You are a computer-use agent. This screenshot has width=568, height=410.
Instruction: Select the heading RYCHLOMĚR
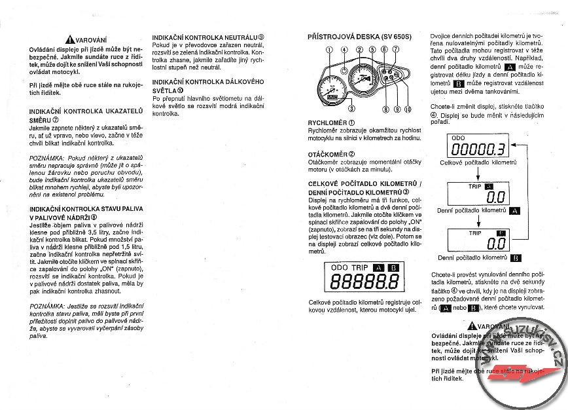pos(330,122)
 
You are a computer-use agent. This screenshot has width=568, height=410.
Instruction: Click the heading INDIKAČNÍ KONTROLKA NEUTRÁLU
pos(207,37)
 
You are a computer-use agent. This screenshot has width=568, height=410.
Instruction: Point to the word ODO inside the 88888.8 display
pos(340,267)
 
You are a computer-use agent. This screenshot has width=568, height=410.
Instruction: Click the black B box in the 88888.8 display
pos(393,267)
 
